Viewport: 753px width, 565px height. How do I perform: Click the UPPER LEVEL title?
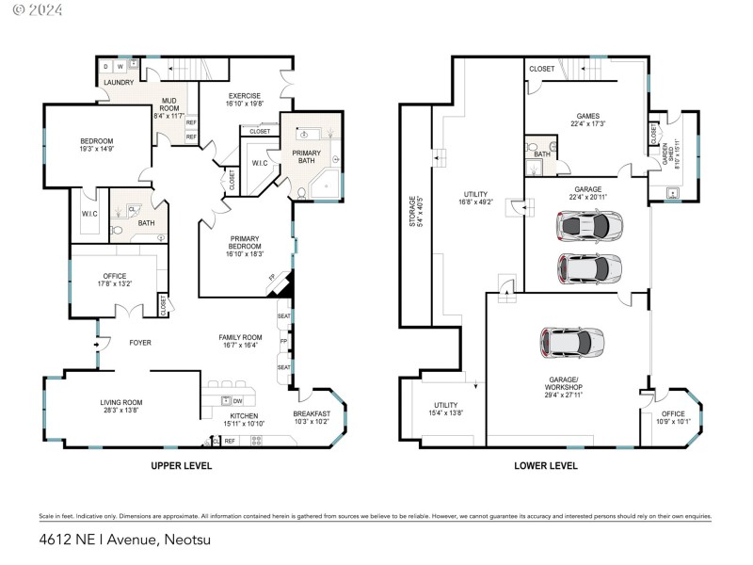click(x=181, y=465)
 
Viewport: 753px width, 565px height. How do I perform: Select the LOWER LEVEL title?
click(x=546, y=465)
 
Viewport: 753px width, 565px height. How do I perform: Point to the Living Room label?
click(x=120, y=407)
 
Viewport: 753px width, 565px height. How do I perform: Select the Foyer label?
click(x=140, y=343)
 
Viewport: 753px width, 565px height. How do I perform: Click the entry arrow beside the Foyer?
click(x=97, y=344)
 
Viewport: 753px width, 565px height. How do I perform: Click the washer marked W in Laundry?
click(x=120, y=67)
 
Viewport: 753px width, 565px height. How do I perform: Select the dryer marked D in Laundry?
click(x=105, y=67)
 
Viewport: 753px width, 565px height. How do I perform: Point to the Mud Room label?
click(x=168, y=106)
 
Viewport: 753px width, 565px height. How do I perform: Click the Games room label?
click(x=587, y=118)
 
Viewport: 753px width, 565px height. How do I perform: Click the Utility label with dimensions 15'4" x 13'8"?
click(x=445, y=409)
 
